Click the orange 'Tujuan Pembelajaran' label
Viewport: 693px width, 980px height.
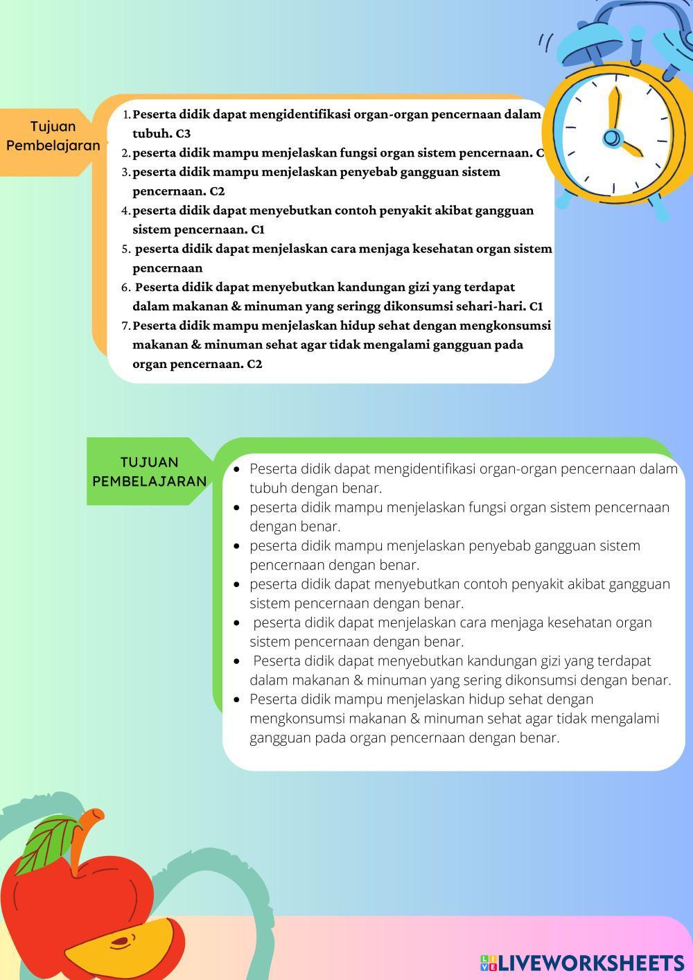[x=53, y=137]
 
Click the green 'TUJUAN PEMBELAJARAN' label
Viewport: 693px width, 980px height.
[x=149, y=471]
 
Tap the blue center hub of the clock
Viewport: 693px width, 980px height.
[x=611, y=138]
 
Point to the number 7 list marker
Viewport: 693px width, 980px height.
[x=126, y=326]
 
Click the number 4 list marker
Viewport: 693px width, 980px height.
[x=126, y=211]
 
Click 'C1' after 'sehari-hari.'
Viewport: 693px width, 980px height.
[x=536, y=306]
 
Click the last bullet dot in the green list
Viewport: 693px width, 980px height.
[x=237, y=699]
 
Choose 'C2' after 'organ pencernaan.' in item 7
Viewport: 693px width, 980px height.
[x=254, y=364]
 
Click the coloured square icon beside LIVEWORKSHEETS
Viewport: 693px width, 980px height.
[x=488, y=963]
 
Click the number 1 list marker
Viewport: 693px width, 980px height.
[x=126, y=114]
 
